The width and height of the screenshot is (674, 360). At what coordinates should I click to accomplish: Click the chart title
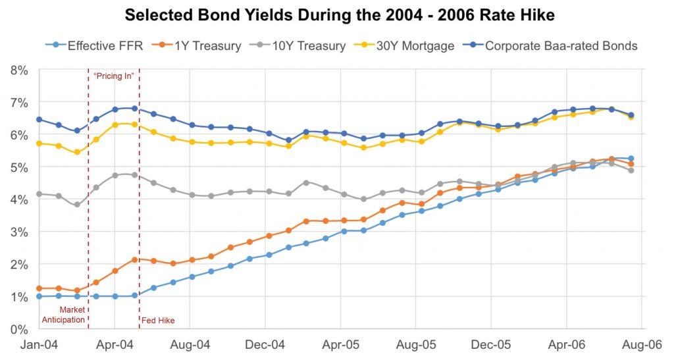pos(337,14)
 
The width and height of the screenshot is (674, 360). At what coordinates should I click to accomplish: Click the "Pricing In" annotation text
pos(114,76)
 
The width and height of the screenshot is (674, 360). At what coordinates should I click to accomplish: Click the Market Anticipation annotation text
pos(64,315)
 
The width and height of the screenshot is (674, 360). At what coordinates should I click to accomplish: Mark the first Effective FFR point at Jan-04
pos(39,297)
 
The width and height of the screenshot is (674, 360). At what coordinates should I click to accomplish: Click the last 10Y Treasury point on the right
pos(631,170)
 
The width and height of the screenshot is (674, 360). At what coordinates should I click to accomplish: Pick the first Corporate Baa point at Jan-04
pos(39,120)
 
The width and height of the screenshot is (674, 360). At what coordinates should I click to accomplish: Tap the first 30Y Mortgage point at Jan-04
pos(39,143)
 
